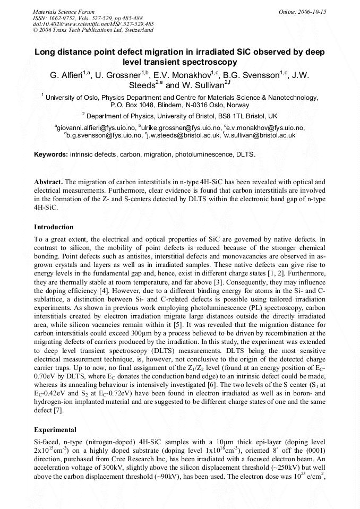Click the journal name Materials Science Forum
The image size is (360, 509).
64,11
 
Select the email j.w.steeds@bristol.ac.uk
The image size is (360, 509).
183,135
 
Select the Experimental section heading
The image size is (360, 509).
55,429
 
